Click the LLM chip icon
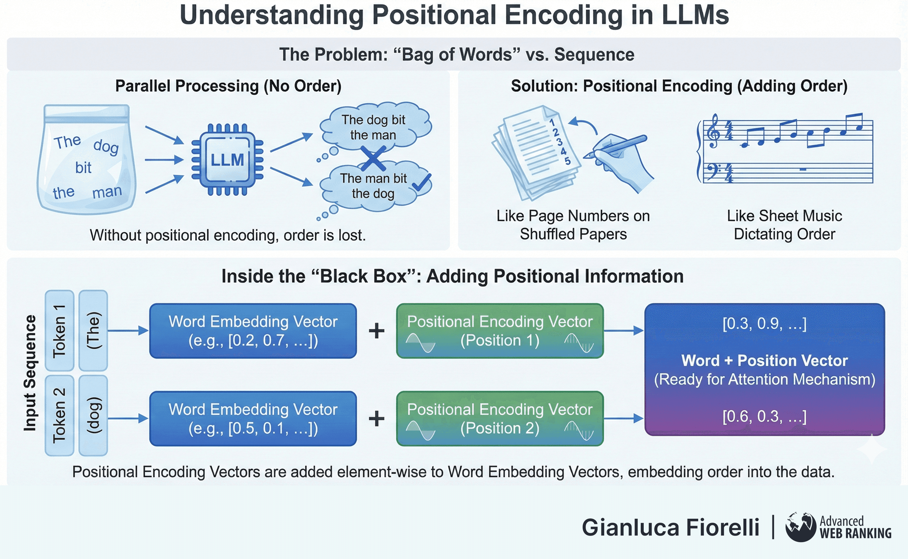[x=227, y=160]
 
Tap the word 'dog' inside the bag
[x=106, y=146]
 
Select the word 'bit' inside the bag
[x=83, y=168]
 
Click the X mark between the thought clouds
[x=373, y=158]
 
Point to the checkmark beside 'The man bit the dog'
[x=421, y=182]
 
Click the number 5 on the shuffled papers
[x=567, y=161]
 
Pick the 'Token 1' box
[x=59, y=331]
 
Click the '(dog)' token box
[x=93, y=415]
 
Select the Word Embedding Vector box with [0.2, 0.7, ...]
[x=253, y=331]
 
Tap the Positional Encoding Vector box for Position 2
[x=500, y=419]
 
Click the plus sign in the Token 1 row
[x=376, y=331]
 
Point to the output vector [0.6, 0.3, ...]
[x=764, y=416]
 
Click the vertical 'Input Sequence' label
[x=30, y=373]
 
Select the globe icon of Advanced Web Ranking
[x=800, y=527]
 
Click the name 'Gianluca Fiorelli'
[x=670, y=527]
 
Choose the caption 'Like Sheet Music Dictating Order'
[x=784, y=225]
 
